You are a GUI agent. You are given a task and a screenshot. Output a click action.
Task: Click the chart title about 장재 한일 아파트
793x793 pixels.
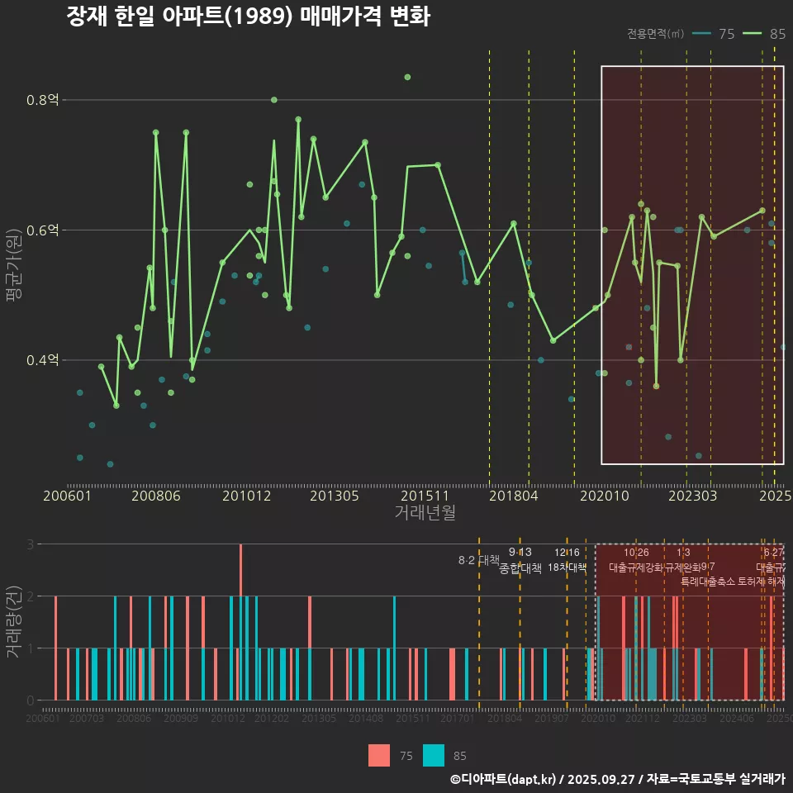coord(248,17)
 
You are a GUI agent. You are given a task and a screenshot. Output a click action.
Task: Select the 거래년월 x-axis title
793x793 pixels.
coord(425,512)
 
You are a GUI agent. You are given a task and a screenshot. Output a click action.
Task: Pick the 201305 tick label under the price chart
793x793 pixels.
coord(334,496)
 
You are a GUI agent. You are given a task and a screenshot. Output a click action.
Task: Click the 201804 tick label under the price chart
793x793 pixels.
coord(513,496)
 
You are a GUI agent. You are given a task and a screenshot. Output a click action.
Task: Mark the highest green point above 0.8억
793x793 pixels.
coord(407,77)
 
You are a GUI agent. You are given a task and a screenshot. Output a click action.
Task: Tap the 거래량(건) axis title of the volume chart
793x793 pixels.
coord(13,622)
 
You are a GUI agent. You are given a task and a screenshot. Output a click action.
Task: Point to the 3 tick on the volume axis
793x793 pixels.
coord(30,544)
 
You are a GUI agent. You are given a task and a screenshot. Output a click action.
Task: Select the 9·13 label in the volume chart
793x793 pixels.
coord(520,553)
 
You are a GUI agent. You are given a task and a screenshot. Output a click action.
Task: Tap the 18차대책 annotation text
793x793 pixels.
coord(567,567)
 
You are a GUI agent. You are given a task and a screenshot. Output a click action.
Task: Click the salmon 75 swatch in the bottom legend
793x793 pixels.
coord(379,755)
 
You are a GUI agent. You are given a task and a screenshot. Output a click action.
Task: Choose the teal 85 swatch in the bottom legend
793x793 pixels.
coord(434,755)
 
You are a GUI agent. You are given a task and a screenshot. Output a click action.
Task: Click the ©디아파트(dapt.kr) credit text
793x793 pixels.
coord(504,779)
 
